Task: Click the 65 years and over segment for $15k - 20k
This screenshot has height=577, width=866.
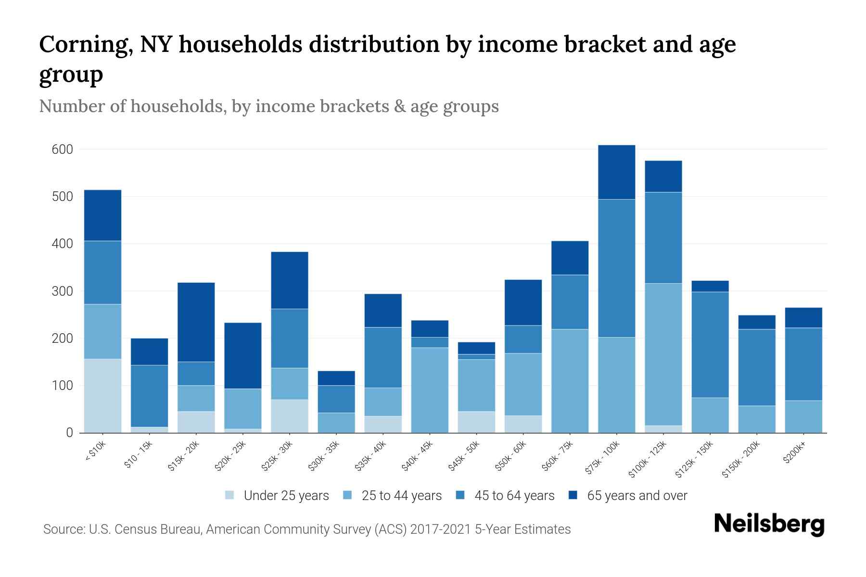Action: click(196, 322)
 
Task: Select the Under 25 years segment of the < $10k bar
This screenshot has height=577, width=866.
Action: click(102, 395)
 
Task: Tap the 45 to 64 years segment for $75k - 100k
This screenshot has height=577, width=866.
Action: click(616, 268)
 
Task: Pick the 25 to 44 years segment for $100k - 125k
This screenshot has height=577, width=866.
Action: click(663, 354)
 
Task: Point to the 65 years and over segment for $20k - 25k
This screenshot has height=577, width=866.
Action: click(243, 355)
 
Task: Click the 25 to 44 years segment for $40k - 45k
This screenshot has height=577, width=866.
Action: click(430, 389)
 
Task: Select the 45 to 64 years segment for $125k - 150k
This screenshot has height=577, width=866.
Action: click(710, 344)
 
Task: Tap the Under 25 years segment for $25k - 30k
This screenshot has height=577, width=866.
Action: click(290, 416)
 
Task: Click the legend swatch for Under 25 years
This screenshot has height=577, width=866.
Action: click(230, 495)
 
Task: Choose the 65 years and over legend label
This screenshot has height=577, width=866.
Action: click(637, 495)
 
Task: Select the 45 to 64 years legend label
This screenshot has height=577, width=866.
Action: click(514, 495)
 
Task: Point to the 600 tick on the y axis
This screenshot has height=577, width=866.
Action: click(63, 150)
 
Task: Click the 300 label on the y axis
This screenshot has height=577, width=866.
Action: click(63, 291)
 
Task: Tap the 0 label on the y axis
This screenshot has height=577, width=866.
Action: click(69, 433)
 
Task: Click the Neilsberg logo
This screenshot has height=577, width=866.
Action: click(769, 524)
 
